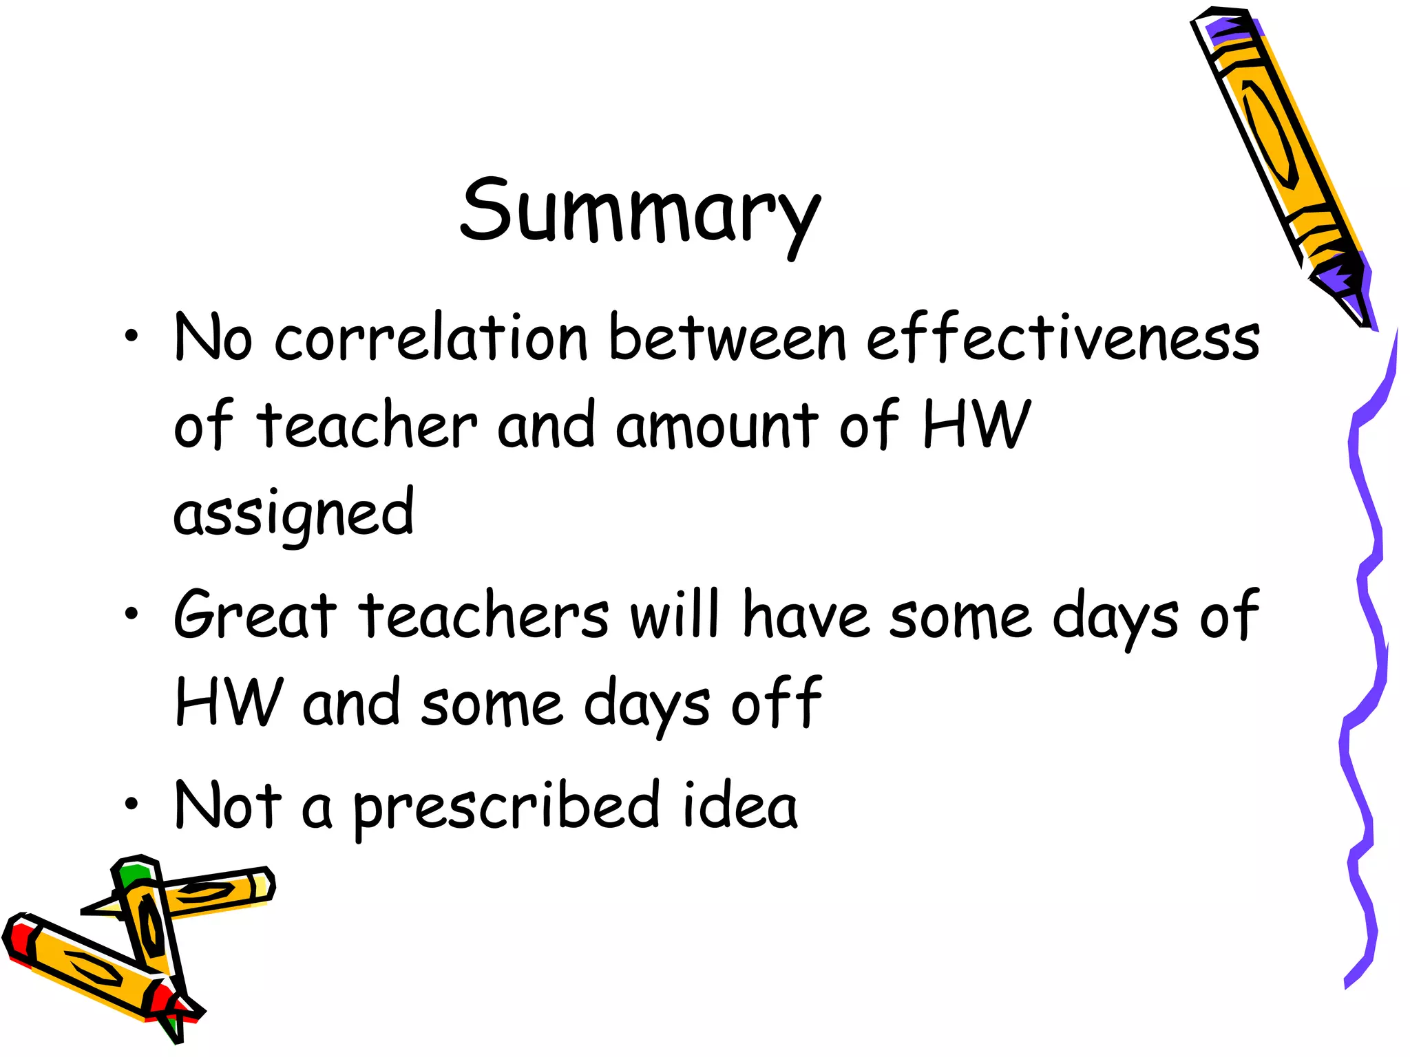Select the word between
pyautogui.click(x=727, y=339)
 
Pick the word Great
pyautogui.click(x=255, y=615)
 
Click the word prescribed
pyautogui.click(x=507, y=807)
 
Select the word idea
pyautogui.click(x=740, y=806)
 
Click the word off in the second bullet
pyautogui.click(x=777, y=702)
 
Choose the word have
pyautogui.click(x=806, y=615)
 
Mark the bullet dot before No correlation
pyautogui.click(x=131, y=337)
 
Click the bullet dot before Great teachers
pyautogui.click(x=131, y=612)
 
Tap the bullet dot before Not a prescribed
pyautogui.click(x=131, y=803)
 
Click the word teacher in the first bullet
pyautogui.click(x=366, y=425)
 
